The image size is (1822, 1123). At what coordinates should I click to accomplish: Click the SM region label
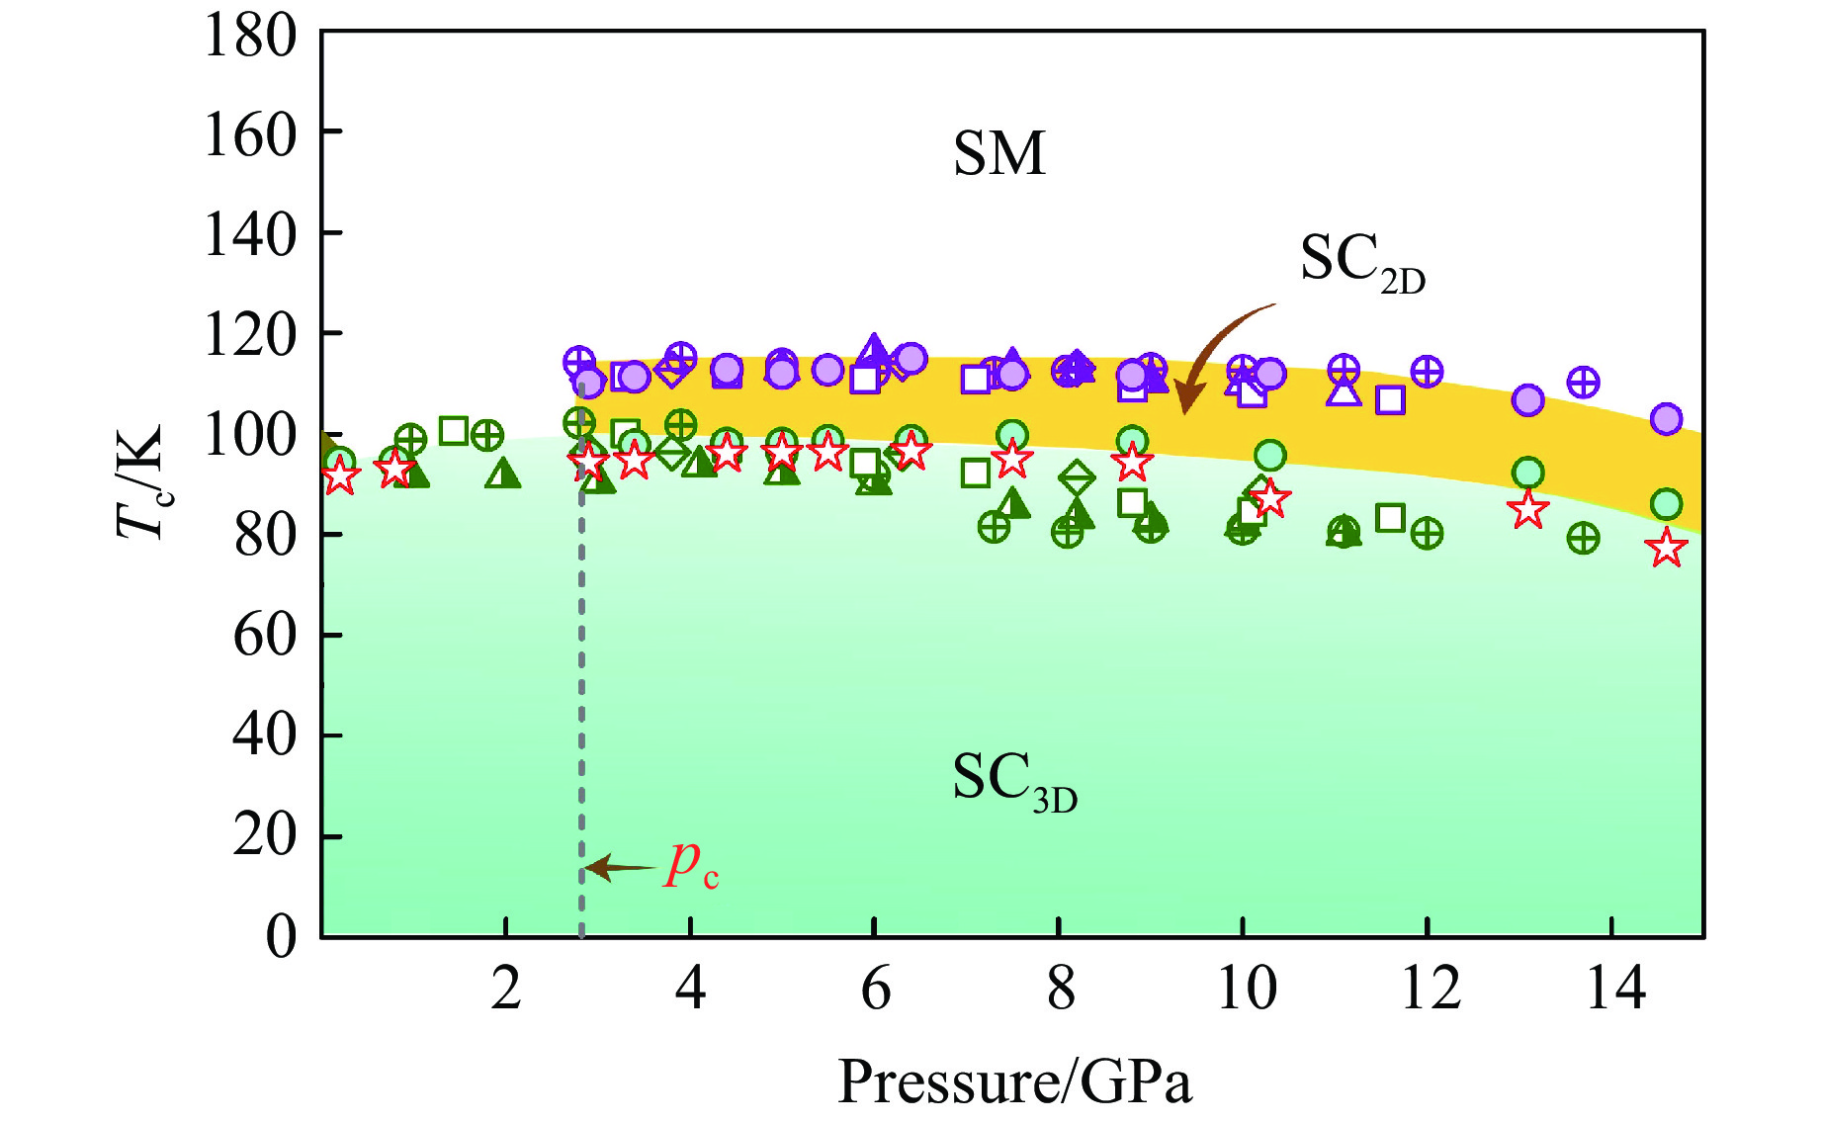point(998,154)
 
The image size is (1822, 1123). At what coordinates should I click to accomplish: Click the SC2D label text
point(1361,262)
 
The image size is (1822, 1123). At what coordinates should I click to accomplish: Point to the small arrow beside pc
point(620,868)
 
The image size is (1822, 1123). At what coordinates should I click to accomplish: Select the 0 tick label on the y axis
point(281,935)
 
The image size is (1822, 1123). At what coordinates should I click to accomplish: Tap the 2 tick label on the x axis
point(505,988)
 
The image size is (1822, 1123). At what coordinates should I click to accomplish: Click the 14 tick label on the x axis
point(1614,988)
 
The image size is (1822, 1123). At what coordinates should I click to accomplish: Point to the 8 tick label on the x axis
point(1060,988)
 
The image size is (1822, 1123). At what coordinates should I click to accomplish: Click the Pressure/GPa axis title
point(1014,1081)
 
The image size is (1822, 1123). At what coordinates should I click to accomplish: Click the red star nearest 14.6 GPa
point(1667,548)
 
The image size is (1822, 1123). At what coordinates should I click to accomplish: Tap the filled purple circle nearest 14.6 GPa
point(1667,419)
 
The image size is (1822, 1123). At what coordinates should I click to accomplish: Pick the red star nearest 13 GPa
point(1528,510)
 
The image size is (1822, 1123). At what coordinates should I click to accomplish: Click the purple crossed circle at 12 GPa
point(1426,372)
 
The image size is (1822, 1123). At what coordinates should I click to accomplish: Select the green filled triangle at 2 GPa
point(504,475)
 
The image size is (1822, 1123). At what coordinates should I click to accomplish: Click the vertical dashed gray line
point(581,692)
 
